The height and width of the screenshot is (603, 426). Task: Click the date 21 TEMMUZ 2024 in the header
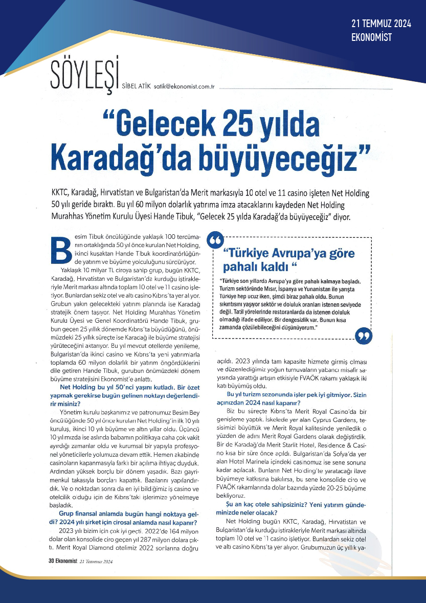point(382,24)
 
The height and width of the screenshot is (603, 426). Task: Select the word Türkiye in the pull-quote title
point(253,254)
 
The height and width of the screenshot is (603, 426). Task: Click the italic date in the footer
point(96,561)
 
